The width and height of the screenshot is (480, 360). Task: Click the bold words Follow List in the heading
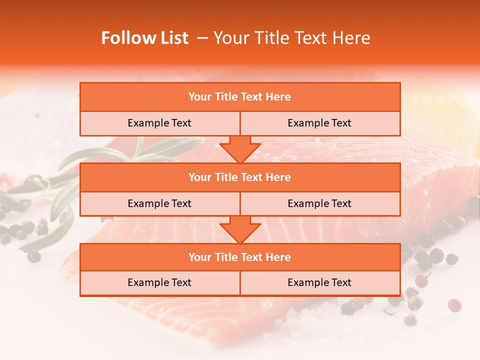tap(144, 38)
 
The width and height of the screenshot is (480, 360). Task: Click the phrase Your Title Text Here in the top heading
tap(291, 38)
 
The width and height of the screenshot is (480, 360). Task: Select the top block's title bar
tap(239, 97)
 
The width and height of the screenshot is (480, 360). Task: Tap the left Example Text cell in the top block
tap(159, 123)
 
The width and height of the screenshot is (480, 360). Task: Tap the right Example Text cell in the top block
tap(319, 123)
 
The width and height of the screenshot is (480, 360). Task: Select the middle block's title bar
tap(239, 177)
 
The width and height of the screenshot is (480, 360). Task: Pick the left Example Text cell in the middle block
tap(159, 203)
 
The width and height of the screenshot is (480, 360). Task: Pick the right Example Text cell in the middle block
tap(319, 203)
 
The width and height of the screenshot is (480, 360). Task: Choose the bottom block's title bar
tap(239, 257)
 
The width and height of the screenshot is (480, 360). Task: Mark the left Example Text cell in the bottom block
tap(159, 282)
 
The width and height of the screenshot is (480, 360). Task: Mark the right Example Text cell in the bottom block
tap(319, 282)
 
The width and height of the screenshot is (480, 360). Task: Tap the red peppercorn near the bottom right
tap(454, 305)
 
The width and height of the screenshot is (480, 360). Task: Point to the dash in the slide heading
tap(202, 38)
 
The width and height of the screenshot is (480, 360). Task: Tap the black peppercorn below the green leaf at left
tap(34, 256)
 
